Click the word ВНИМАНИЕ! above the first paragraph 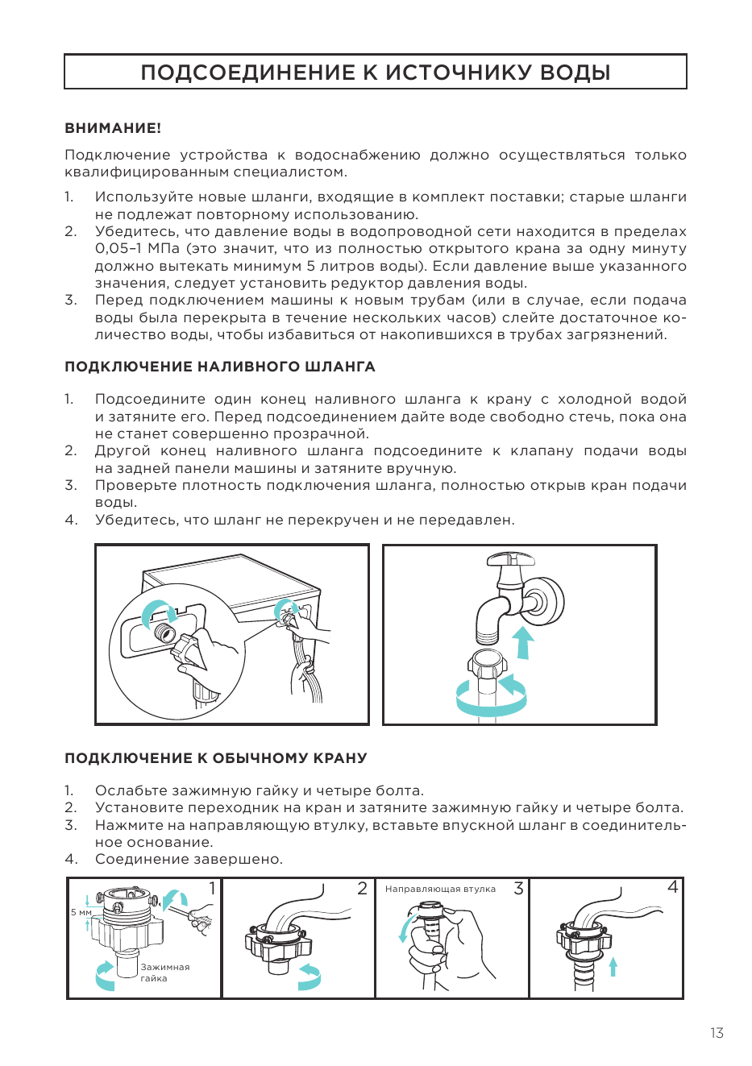(x=113, y=128)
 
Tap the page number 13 (x=717, y=1033)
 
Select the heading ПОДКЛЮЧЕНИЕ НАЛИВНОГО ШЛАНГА (x=220, y=367)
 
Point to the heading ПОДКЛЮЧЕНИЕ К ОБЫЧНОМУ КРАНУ (x=216, y=758)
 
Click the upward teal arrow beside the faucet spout (x=524, y=642)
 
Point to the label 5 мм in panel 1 (x=81, y=912)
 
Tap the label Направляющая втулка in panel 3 (x=440, y=889)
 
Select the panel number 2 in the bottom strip (x=362, y=888)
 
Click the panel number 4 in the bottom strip (x=672, y=887)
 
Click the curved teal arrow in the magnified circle (x=160, y=610)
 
